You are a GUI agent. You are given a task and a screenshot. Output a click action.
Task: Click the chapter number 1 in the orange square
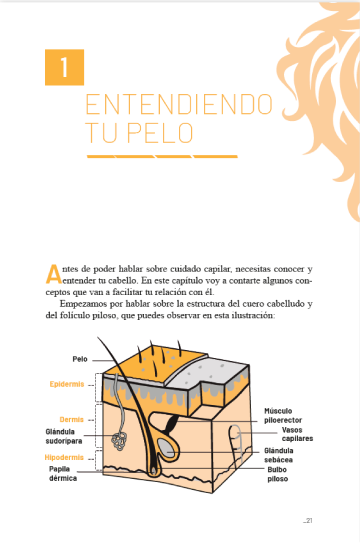pyautogui.click(x=64, y=67)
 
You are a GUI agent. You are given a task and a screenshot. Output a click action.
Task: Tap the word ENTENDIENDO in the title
pyautogui.click(x=179, y=104)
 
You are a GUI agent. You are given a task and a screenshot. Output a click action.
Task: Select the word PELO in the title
pyautogui.click(x=160, y=133)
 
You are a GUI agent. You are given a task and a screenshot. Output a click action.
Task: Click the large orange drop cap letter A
pyautogui.click(x=53, y=274)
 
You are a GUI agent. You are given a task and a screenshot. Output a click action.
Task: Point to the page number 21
pyautogui.click(x=309, y=520)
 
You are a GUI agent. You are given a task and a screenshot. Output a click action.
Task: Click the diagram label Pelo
pyautogui.click(x=80, y=359)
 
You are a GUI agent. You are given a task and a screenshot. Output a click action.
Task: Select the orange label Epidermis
pyautogui.click(x=67, y=384)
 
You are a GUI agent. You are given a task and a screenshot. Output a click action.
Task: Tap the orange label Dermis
pyautogui.click(x=72, y=419)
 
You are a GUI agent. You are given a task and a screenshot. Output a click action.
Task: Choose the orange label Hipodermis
pyautogui.click(x=64, y=457)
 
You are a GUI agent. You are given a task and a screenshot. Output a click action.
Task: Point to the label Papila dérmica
pyautogui.click(x=63, y=473)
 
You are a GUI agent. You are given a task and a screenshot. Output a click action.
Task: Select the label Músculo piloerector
pyautogui.click(x=283, y=416)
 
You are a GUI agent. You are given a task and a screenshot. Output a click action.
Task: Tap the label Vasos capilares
pyautogui.click(x=297, y=434)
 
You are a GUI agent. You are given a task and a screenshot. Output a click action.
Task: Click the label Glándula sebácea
pyautogui.click(x=279, y=455)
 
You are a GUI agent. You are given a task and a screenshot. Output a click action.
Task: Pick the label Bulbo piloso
pyautogui.click(x=277, y=474)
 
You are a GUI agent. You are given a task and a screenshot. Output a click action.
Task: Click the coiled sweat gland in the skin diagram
pyautogui.click(x=119, y=441)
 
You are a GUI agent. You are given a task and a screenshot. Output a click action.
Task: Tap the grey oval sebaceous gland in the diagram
pyautogui.click(x=166, y=447)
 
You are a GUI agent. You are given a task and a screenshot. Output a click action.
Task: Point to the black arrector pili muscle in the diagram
pyautogui.click(x=172, y=424)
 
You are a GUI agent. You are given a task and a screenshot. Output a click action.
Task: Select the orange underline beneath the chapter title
pyautogui.click(x=162, y=157)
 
